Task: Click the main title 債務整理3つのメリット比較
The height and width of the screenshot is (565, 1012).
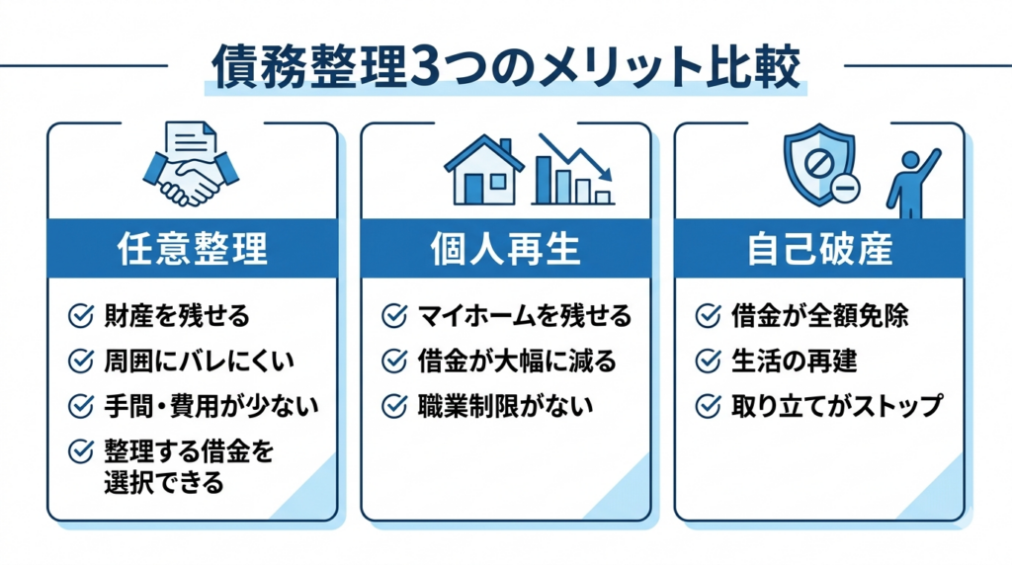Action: tap(507, 66)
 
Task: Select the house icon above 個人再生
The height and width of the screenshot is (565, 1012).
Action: tap(484, 170)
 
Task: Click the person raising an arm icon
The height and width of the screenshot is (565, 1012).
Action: tap(912, 183)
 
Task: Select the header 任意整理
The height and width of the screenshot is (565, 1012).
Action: tap(193, 249)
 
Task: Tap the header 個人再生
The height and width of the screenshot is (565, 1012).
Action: tap(506, 249)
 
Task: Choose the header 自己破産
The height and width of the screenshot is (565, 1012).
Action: tap(819, 249)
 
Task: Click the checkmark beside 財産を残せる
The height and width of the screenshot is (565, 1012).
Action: tap(81, 316)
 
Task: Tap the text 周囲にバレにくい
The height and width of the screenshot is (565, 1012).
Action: tap(199, 362)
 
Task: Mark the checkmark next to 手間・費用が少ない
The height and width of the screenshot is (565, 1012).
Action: tap(81, 406)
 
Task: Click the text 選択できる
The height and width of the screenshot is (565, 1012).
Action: tap(164, 482)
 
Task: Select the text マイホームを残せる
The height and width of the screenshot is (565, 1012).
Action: tap(525, 316)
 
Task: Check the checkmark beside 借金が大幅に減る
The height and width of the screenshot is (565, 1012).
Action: tap(395, 362)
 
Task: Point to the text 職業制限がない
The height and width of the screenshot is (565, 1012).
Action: tap(505, 406)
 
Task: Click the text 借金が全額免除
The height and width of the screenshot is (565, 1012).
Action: tap(819, 316)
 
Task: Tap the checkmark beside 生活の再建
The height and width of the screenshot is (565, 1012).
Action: tap(709, 362)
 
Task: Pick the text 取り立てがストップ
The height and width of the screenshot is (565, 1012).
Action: tap(837, 406)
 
